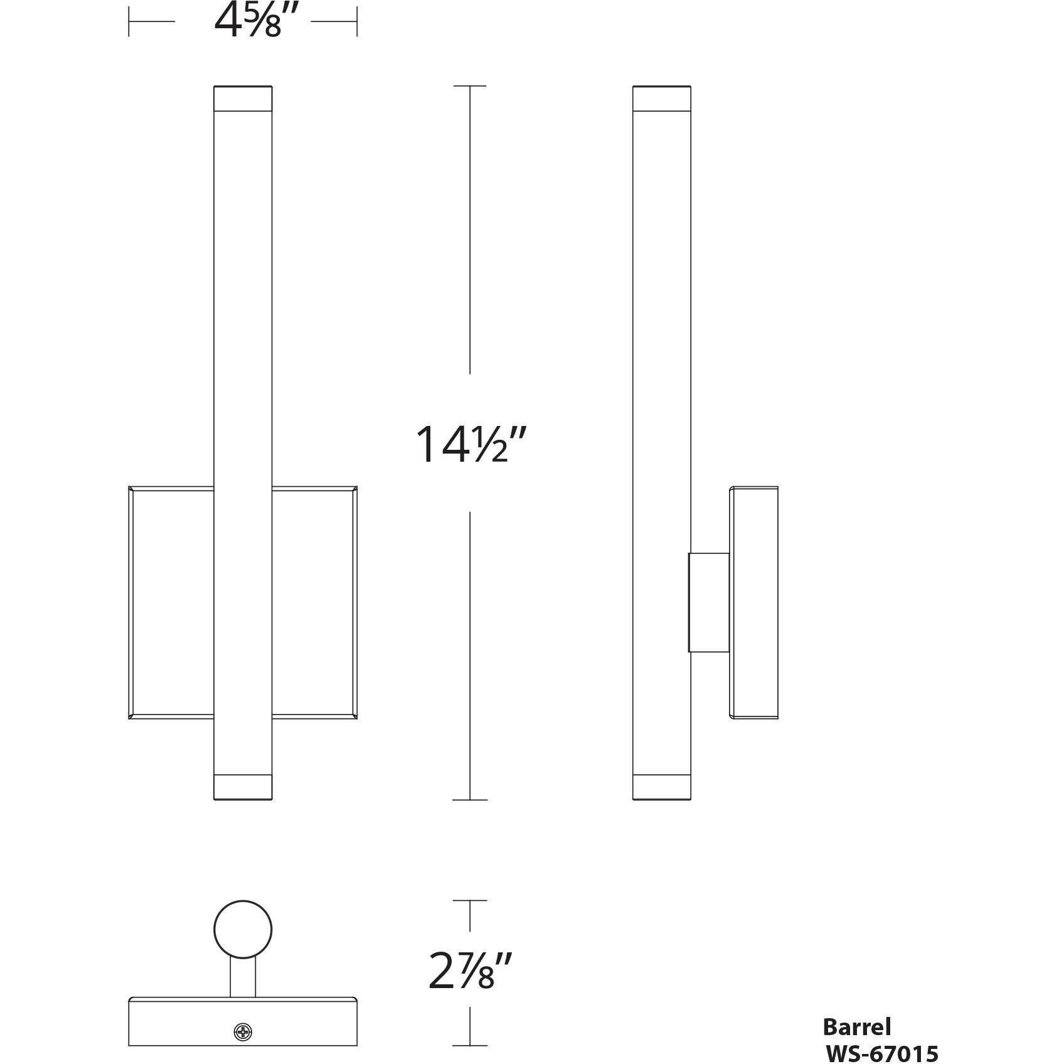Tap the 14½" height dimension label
[x=470, y=444]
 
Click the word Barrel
[x=856, y=1027]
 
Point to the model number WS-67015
[x=881, y=1052]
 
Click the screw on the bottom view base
[x=243, y=1031]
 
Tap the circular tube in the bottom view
[x=243, y=930]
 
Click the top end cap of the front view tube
[x=243, y=98]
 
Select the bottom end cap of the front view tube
[x=243, y=787]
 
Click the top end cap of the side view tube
[x=662, y=98]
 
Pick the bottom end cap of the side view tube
[x=662, y=787]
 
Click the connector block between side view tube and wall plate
[x=709, y=602]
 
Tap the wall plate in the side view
[x=753, y=602]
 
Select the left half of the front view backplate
[x=172, y=602]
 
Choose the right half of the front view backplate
[x=314, y=602]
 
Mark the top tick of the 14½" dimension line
[x=470, y=86]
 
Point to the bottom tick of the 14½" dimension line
[x=470, y=800]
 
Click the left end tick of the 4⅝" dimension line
[x=129, y=21]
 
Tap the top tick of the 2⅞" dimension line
[x=470, y=900]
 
